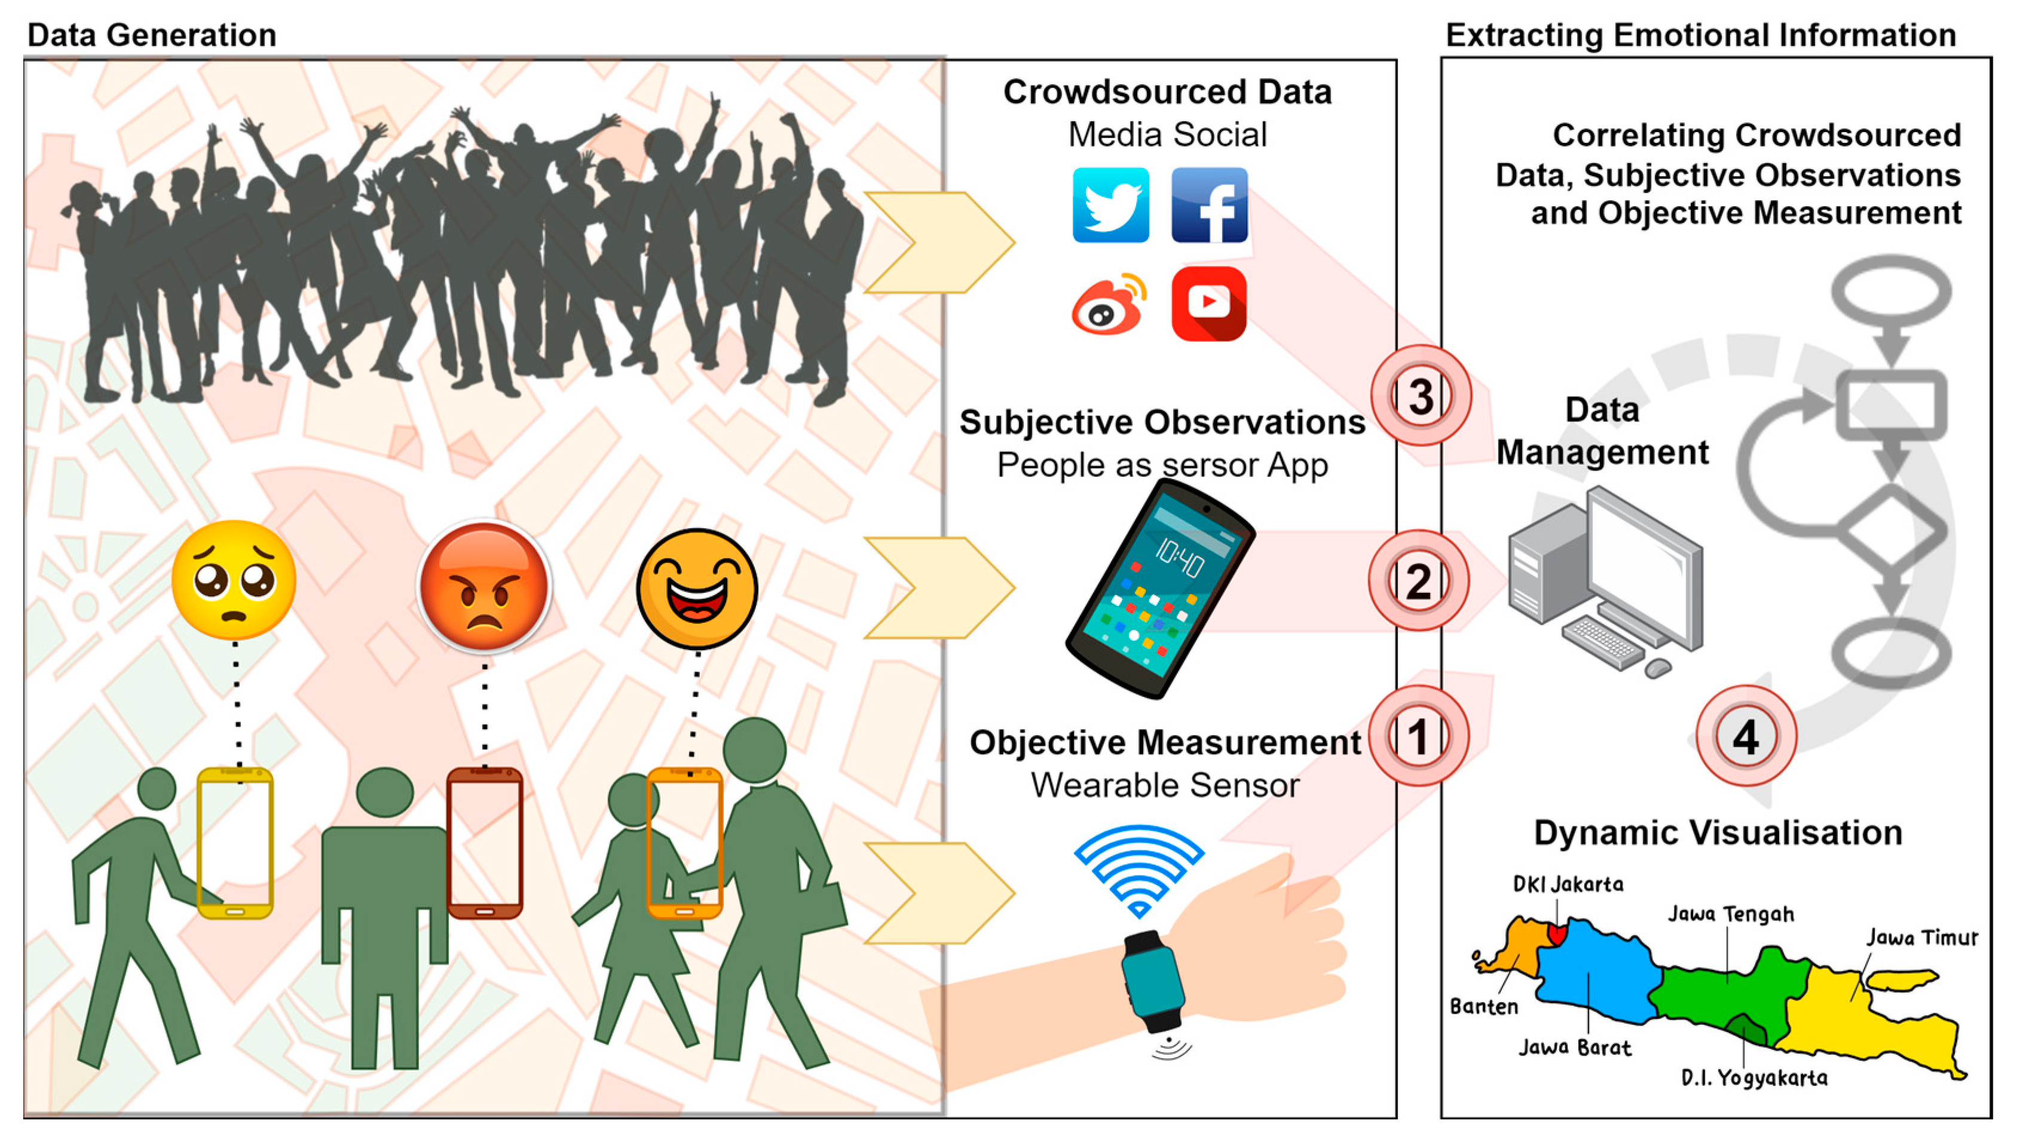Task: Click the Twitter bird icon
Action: coord(1110,205)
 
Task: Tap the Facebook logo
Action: coord(1209,205)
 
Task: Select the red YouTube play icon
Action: coord(1209,303)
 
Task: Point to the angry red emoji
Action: coord(485,586)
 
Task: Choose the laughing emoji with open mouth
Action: coord(697,589)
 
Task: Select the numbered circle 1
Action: coord(1418,736)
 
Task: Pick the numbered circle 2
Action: coord(1418,581)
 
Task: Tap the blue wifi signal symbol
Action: coord(1138,869)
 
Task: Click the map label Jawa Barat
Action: coord(1575,1048)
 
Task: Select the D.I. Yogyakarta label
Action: coord(1754,1078)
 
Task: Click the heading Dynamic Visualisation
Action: coord(1718,832)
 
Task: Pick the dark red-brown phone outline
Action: coord(485,843)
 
